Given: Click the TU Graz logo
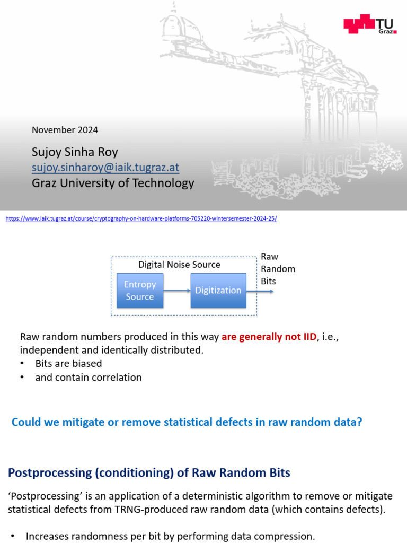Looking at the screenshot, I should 370,24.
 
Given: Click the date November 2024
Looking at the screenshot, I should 65,130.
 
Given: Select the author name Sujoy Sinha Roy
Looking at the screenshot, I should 75,153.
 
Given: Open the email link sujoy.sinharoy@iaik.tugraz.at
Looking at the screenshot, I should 105,168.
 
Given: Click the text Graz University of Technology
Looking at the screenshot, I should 113,183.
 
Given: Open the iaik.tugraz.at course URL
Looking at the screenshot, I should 141,218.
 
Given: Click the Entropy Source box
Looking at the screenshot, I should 140,291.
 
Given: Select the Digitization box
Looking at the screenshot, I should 218,291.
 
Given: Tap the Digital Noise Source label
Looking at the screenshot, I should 179,265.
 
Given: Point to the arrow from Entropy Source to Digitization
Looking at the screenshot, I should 177,291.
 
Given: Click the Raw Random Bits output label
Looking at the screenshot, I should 277,269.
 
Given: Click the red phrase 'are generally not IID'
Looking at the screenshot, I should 269,336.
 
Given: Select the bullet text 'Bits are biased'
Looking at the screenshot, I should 68,364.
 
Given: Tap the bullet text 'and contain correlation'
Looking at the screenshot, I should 89,378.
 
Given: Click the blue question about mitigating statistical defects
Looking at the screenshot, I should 187,422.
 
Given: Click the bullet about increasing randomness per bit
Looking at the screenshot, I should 170,536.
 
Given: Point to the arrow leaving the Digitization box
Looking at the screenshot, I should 260,291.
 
